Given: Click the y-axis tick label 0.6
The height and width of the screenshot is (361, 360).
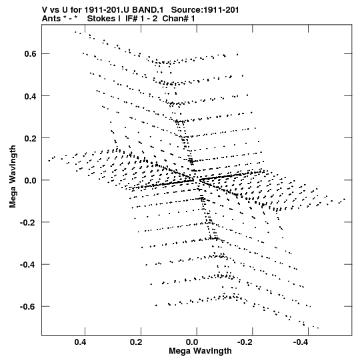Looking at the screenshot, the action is pos(31,54).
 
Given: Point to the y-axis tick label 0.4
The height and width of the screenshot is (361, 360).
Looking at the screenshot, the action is pos(31,96).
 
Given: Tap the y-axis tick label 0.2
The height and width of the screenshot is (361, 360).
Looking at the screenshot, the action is pos(31,138).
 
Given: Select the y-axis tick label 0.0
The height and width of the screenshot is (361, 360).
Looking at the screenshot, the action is pos(31,180).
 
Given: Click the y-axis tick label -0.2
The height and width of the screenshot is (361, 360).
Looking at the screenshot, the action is pos(29,222).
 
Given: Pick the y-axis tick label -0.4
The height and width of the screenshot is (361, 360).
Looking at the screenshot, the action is pos(29,264).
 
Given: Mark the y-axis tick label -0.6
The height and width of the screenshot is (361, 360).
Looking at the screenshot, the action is pos(29,307).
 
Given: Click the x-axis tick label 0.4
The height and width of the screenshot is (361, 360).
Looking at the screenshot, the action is pos(81,342).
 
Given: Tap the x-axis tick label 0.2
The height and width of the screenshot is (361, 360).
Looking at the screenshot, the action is pos(136,342).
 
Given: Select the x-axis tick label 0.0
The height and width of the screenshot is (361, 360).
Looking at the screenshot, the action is pos(192,342).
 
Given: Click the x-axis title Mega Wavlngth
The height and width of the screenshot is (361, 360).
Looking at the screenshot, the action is pos(200,352).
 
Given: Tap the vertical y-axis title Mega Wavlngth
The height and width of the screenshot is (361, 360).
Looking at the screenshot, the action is pos(13,177).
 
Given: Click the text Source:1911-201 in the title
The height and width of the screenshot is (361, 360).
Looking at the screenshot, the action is pos(205,10).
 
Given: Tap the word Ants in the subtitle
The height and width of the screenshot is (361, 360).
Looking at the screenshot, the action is pos(51,19).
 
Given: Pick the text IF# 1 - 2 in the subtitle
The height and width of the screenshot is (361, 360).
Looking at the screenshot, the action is pos(141,19).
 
